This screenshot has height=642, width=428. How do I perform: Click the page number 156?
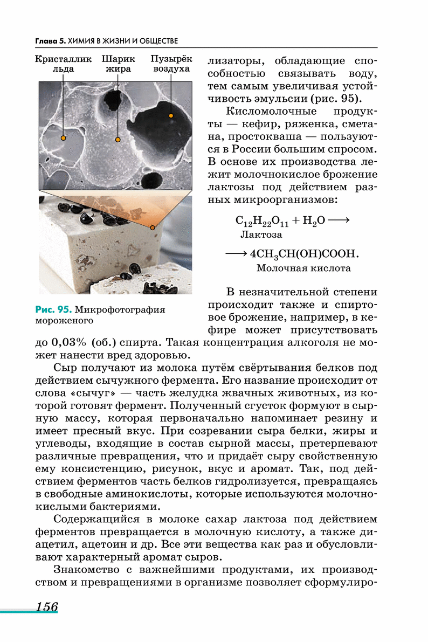[47, 606]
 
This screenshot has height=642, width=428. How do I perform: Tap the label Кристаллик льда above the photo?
[63, 64]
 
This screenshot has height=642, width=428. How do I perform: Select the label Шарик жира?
[118, 64]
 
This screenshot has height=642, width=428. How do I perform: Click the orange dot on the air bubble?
[171, 115]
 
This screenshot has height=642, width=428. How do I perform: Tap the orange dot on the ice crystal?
[64, 138]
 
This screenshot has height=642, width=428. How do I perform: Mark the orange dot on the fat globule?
[118, 139]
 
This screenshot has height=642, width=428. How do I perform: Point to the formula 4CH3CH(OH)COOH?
[304, 254]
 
